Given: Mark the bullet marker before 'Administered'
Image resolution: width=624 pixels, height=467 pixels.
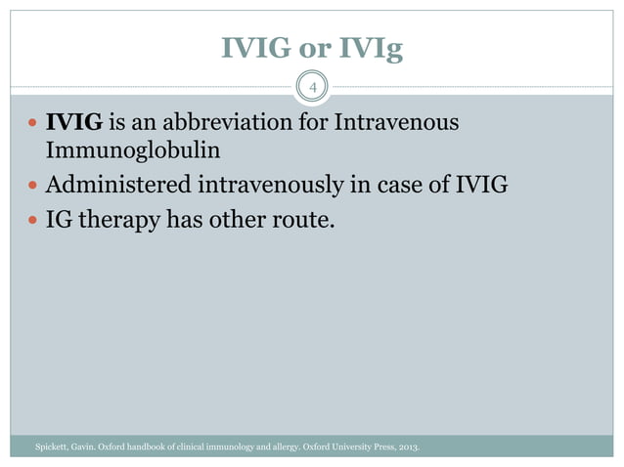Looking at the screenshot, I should click(x=32, y=187).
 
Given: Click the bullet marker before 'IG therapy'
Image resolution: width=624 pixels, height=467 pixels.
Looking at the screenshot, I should click(x=32, y=221).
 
